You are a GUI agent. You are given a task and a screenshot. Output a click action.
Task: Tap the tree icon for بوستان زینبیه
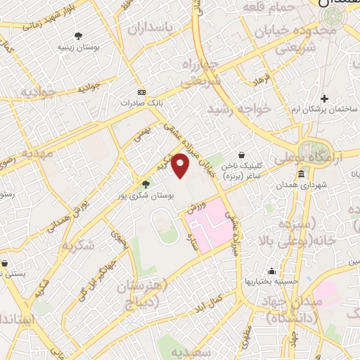point(77,36)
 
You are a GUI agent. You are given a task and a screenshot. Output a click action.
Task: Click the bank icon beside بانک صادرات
point(141,92)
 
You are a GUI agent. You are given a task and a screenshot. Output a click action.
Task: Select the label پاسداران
point(151,29)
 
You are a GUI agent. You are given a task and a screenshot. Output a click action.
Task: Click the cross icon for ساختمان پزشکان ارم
point(324,98)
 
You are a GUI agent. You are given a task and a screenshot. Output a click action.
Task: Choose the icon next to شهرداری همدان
point(301,174)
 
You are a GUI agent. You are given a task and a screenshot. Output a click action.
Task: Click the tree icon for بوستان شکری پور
point(146,185)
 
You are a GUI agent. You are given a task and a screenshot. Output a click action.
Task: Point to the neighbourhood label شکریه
point(78,246)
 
